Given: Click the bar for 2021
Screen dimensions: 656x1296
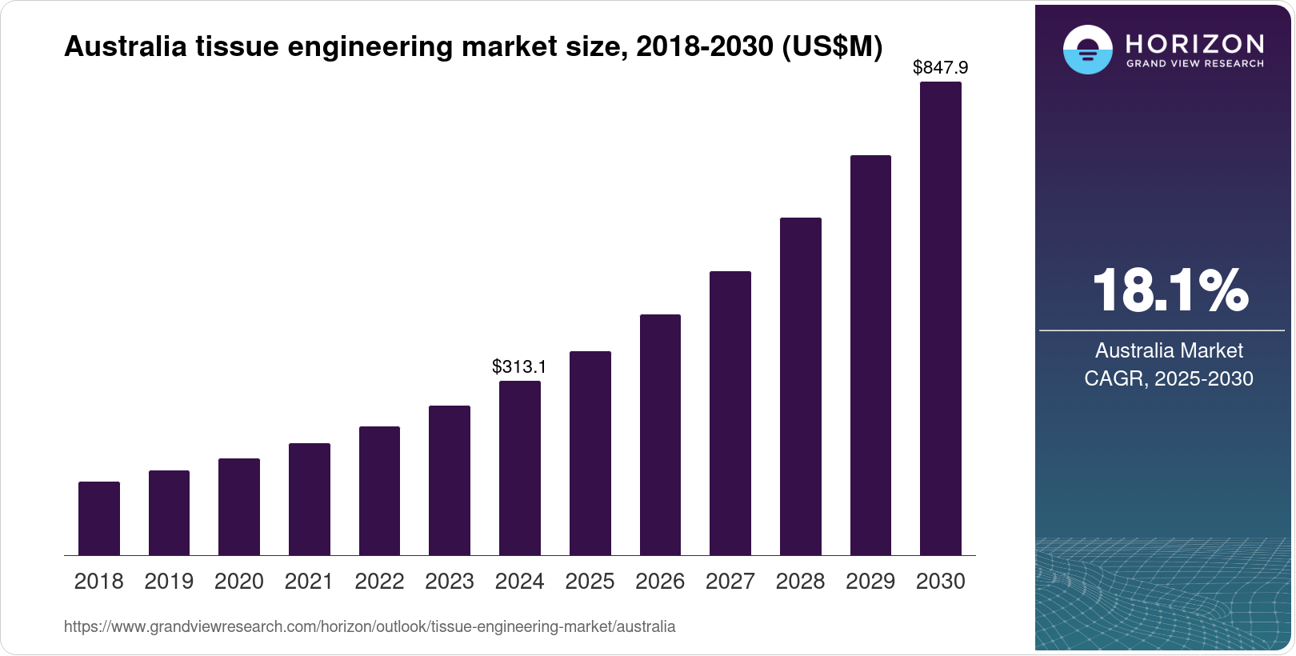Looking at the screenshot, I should click(x=310, y=499).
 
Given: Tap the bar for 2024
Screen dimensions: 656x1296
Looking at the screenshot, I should click(x=520, y=468).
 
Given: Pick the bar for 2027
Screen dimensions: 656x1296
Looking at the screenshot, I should click(x=730, y=413).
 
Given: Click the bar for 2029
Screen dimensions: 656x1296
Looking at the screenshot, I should click(x=870, y=355).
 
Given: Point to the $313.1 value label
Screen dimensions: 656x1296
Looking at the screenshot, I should click(x=519, y=366).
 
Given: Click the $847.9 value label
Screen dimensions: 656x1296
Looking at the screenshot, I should click(x=940, y=68).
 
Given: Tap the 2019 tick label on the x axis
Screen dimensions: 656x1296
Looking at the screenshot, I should click(x=169, y=582).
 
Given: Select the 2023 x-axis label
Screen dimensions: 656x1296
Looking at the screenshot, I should click(x=450, y=582).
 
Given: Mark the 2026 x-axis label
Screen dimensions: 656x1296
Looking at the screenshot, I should click(x=660, y=582).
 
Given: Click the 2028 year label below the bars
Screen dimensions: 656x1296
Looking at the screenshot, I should click(x=800, y=582).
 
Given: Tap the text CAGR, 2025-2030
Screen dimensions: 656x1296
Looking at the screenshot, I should click(x=1169, y=378).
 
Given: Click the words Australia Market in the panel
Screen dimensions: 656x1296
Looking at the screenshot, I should click(x=1169, y=350).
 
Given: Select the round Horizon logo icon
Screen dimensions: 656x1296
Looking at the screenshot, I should click(x=1087, y=50).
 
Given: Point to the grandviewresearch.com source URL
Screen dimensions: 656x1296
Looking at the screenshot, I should click(x=370, y=626).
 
